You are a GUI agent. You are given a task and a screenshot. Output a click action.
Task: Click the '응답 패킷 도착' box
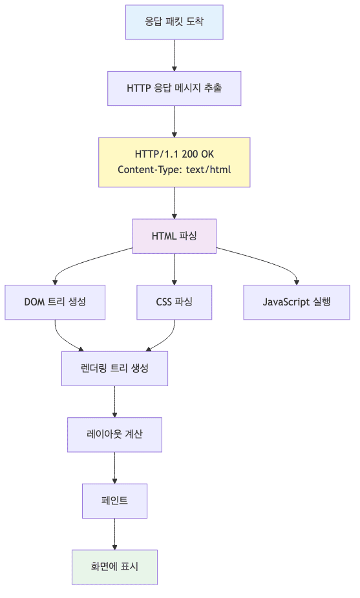(175, 22)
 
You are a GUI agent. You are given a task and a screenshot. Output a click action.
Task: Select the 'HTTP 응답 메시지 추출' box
(175, 88)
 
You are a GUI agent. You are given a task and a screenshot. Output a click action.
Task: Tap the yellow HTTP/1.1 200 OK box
(175, 162)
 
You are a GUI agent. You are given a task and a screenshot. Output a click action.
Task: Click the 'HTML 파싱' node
(175, 236)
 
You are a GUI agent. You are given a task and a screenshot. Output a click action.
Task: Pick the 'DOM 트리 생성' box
(55, 302)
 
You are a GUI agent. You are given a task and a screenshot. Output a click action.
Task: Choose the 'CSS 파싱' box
(175, 302)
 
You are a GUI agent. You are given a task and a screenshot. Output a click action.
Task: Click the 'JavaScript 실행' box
(297, 302)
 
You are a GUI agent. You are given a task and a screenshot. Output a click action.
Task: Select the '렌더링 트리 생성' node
(115, 368)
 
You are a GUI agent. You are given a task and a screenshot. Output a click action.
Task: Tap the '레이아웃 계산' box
(115, 434)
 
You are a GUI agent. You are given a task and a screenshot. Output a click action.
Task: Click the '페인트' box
(115, 500)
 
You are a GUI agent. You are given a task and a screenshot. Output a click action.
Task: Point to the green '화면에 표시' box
(115, 566)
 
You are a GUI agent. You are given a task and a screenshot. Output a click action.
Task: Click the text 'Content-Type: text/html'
(175, 170)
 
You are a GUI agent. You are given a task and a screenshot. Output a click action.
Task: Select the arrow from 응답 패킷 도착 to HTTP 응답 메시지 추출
(175, 55)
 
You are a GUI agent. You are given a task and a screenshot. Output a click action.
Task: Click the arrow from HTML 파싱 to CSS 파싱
(175, 268)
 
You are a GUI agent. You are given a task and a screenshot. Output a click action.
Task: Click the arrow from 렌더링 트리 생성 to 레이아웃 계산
(115, 401)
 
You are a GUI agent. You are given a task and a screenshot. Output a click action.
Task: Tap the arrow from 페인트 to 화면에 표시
(115, 533)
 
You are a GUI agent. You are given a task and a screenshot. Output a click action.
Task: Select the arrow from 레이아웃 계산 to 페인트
(115, 468)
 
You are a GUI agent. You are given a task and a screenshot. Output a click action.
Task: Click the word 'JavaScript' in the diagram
(286, 302)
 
